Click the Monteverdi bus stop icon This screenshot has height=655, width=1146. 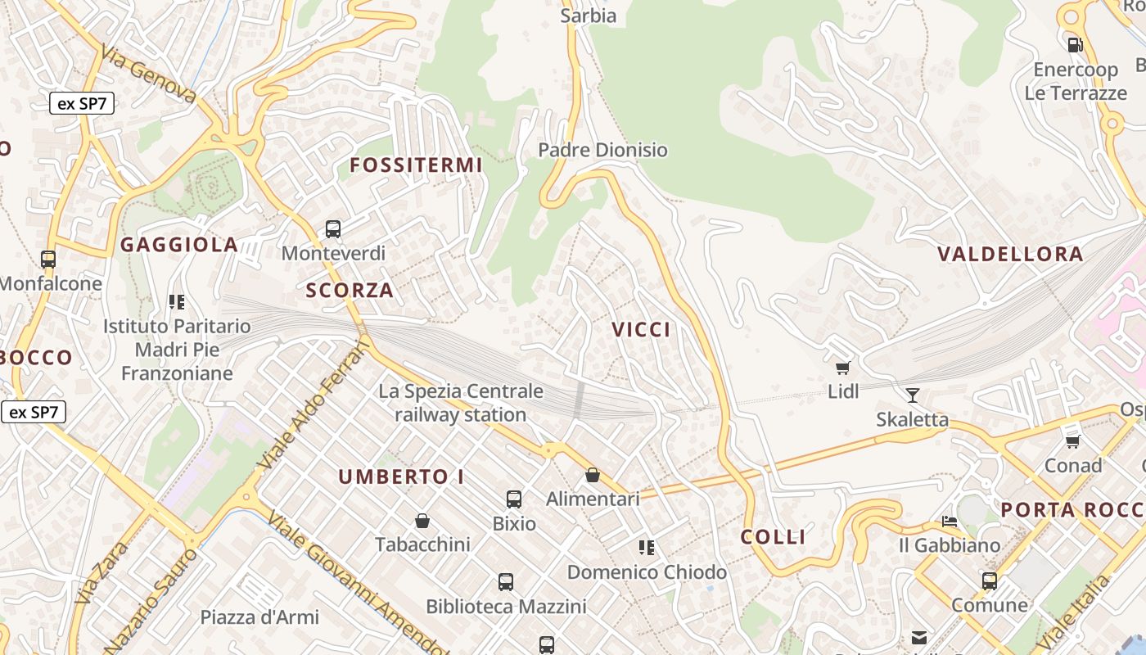(x=333, y=229)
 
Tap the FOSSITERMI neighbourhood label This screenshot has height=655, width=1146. (x=416, y=165)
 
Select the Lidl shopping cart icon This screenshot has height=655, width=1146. (x=843, y=368)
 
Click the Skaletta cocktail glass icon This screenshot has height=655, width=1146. (x=913, y=396)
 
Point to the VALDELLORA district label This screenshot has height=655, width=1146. (x=1010, y=254)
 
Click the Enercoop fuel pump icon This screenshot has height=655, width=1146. (x=1075, y=44)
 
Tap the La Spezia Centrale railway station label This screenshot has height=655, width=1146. (x=461, y=403)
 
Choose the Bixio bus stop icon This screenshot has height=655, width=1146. (x=514, y=499)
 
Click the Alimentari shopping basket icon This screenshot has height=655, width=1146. (x=593, y=475)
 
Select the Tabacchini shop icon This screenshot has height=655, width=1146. (x=422, y=521)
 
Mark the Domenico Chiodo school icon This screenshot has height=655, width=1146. (x=647, y=548)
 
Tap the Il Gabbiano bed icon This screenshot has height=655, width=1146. (x=950, y=521)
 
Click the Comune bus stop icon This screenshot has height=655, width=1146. (x=990, y=581)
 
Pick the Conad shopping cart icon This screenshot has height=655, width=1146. (x=1072, y=442)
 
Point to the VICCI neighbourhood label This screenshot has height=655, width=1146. (x=641, y=330)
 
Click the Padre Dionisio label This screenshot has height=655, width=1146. (x=602, y=150)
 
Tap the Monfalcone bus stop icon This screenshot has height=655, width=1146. (x=48, y=260)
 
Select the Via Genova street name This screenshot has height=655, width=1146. (x=148, y=75)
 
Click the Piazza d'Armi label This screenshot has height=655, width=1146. (x=259, y=617)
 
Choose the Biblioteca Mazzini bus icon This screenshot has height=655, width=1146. (x=506, y=582)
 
